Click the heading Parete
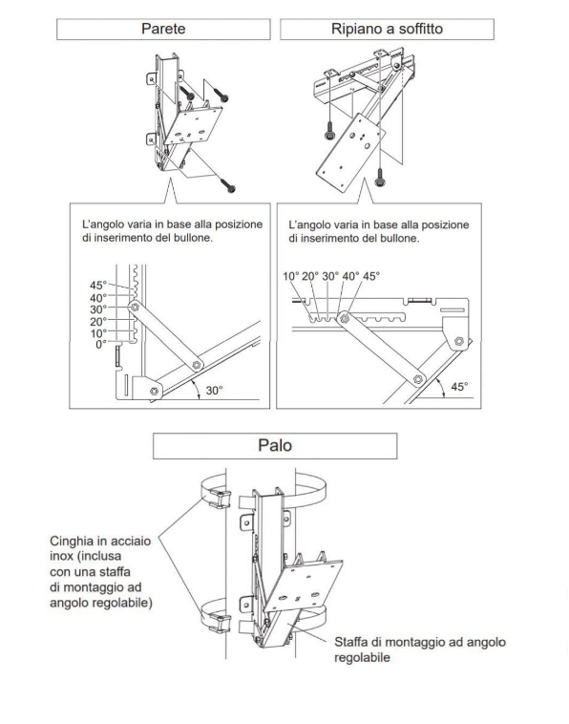pos(163,29)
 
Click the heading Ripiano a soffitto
pos(387,29)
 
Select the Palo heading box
pos(275,445)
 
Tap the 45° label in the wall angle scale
pos(97,285)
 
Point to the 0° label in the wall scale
pos(101,345)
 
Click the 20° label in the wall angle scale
pos(97,321)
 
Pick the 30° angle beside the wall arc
pos(214,391)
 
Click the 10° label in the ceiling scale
pos(291,276)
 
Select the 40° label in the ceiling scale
pos(350,276)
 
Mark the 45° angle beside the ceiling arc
pos(459,387)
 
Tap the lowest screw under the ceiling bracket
pos(380,178)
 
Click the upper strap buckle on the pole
pos(221,499)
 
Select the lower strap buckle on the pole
pos(221,623)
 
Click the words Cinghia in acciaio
pos(100,542)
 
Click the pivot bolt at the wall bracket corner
pos(154,392)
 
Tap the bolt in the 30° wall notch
pos(135,307)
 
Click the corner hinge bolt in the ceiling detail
pos(458,341)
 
